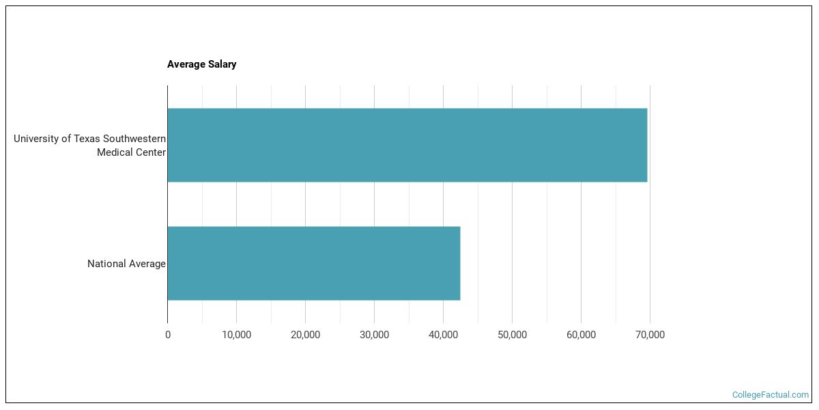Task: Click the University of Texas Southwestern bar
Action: click(x=407, y=145)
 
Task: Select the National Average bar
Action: click(x=313, y=263)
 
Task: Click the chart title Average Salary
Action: click(x=201, y=64)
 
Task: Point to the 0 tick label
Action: click(x=168, y=335)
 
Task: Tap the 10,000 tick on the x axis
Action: click(x=236, y=335)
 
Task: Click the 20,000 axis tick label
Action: click(x=305, y=335)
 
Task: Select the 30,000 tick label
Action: click(x=374, y=335)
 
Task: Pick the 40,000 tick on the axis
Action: click(x=443, y=335)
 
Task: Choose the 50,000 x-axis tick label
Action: click(x=512, y=335)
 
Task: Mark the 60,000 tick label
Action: click(x=581, y=335)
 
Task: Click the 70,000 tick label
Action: click(x=650, y=335)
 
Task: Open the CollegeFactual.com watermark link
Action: click(x=770, y=395)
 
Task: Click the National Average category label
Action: click(x=126, y=264)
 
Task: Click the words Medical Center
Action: click(x=131, y=152)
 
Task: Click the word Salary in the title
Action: click(x=222, y=64)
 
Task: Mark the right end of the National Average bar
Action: click(x=459, y=263)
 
